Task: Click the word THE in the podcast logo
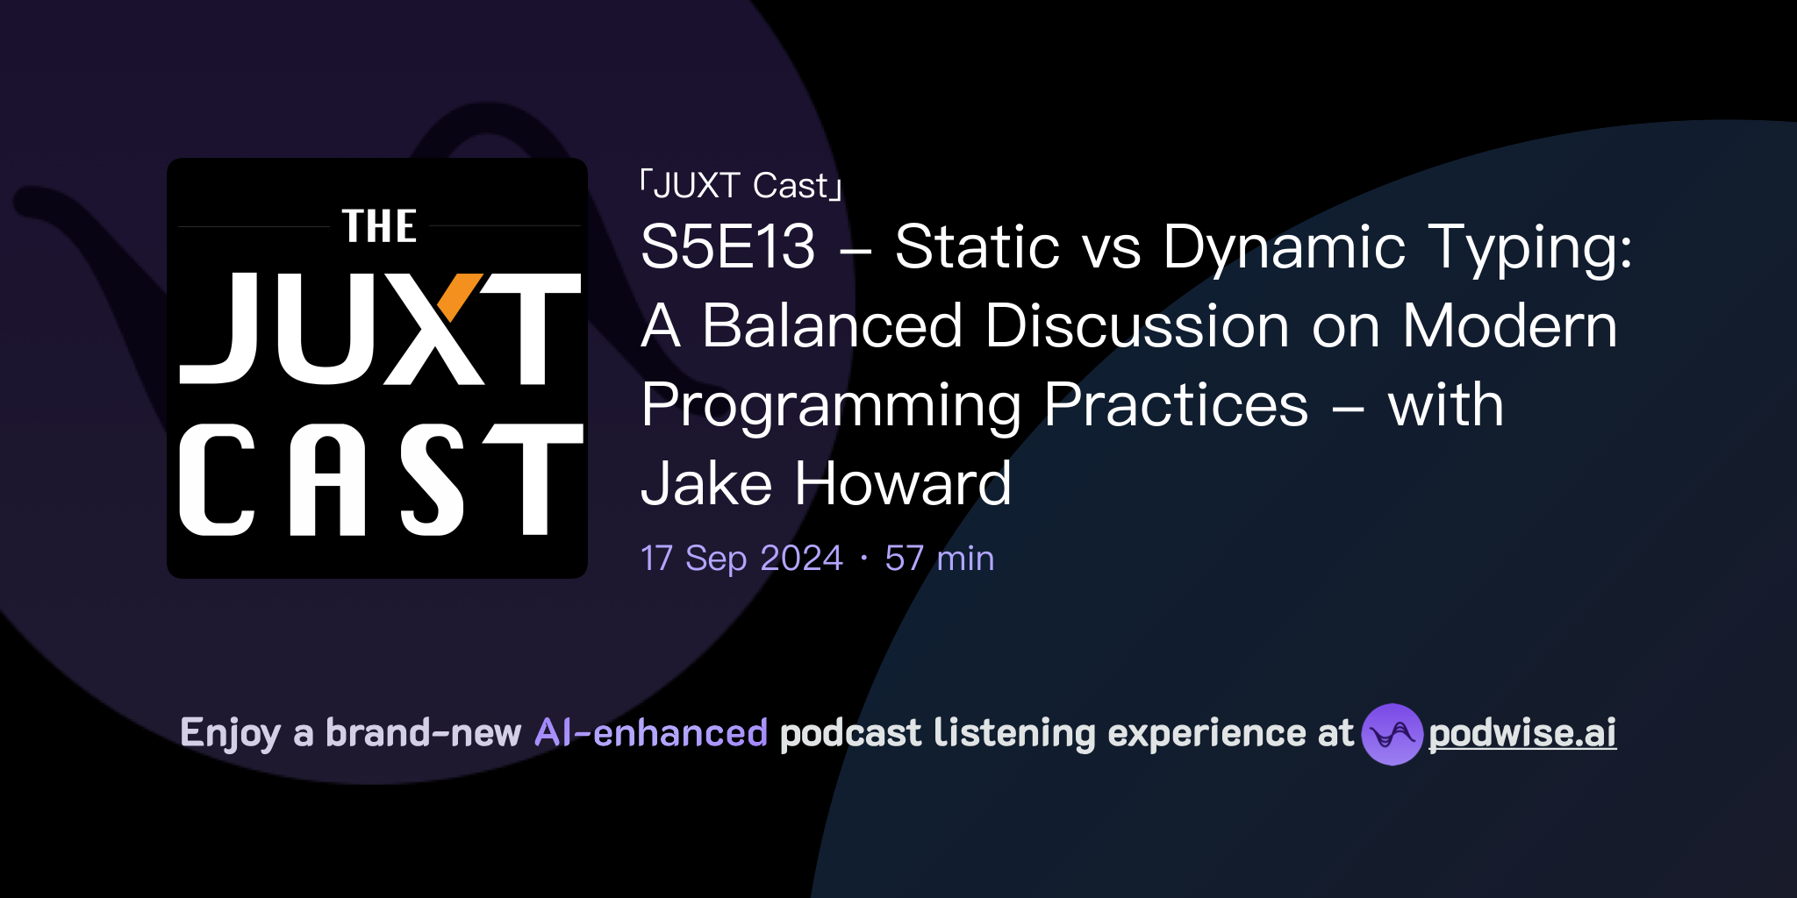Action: pyautogui.click(x=379, y=226)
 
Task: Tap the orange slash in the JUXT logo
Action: pyautogui.click(x=458, y=297)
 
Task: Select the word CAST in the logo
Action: pyautogui.click(x=380, y=480)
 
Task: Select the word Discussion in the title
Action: pyautogui.click(x=1137, y=325)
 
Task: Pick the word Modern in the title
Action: pyautogui.click(x=1509, y=325)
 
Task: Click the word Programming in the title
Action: pyautogui.click(x=831, y=406)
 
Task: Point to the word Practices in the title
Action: pyautogui.click(x=1176, y=405)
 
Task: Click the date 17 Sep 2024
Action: pyautogui.click(x=741, y=558)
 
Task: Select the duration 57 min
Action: pyautogui.click(x=939, y=558)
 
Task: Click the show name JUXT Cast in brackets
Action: pyautogui.click(x=741, y=185)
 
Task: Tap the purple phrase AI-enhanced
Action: pyautogui.click(x=651, y=732)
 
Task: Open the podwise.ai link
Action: pyautogui.click(x=1521, y=733)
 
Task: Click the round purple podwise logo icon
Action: pyautogui.click(x=1392, y=734)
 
